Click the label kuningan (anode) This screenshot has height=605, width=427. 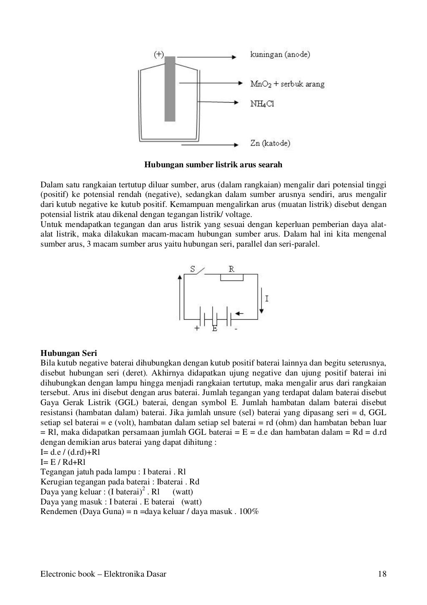click(x=279, y=55)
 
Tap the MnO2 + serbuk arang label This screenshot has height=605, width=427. click(x=287, y=84)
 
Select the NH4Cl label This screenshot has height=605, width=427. click(x=262, y=104)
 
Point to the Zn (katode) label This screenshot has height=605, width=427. click(x=270, y=144)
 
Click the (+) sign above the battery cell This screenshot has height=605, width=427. click(x=159, y=54)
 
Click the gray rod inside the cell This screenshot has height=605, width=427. click(x=170, y=88)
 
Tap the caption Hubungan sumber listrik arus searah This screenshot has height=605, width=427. click(x=213, y=165)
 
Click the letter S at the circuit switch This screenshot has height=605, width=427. click(x=193, y=270)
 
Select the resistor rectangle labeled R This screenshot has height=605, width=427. click(x=232, y=277)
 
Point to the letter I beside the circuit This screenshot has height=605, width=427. click(x=267, y=299)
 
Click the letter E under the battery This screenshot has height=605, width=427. click(x=214, y=329)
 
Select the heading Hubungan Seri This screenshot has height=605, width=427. click(x=68, y=353)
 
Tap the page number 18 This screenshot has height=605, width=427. click(x=382, y=574)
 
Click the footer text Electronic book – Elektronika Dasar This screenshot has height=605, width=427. click(x=103, y=574)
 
